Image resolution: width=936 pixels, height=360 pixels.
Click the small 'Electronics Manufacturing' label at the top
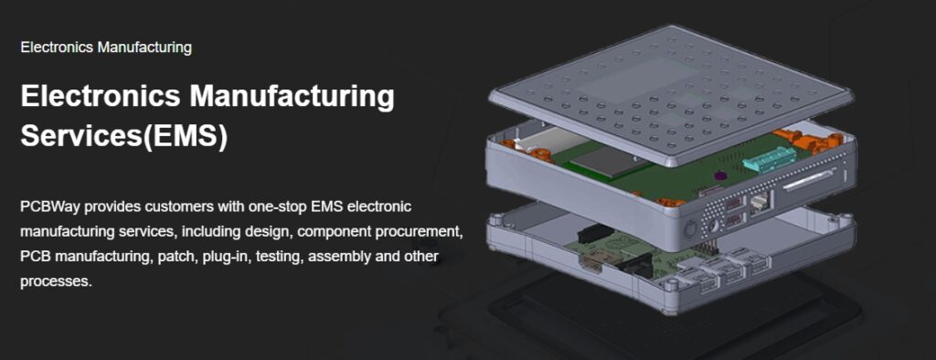[106, 48]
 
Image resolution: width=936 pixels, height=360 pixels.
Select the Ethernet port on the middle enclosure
[760, 204]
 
